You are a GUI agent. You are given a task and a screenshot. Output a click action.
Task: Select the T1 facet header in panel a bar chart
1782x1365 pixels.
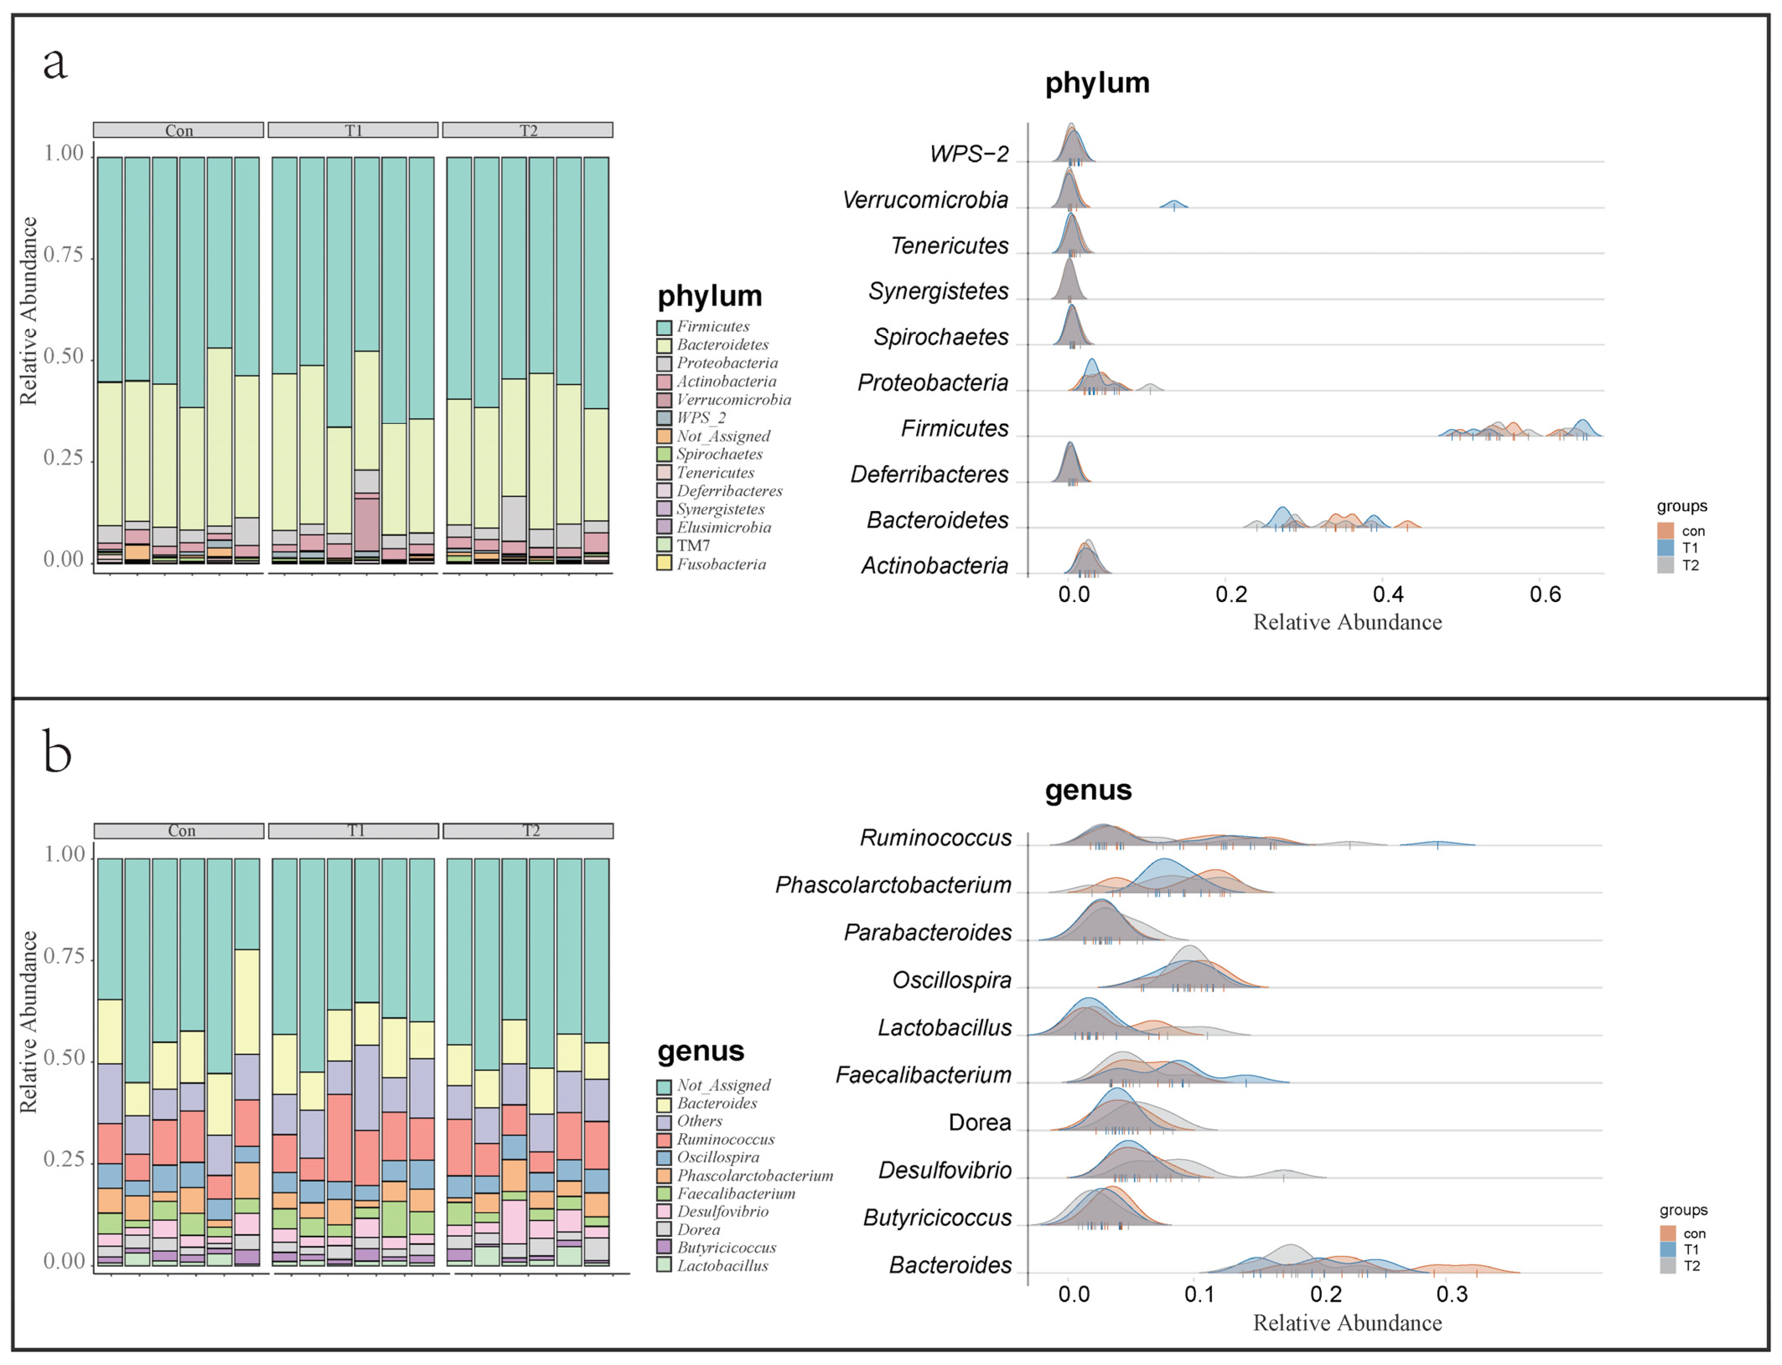(353, 130)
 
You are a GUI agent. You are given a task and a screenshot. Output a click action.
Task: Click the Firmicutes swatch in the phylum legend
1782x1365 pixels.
(664, 327)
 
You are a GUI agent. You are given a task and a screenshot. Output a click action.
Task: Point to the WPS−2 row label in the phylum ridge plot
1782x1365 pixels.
(969, 153)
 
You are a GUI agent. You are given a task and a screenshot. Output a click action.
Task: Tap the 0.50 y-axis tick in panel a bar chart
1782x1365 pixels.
(63, 357)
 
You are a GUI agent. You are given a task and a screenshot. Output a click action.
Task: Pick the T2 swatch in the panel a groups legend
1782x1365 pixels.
(1666, 566)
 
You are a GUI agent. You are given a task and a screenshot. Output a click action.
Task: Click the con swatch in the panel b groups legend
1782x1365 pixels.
(1668, 1233)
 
